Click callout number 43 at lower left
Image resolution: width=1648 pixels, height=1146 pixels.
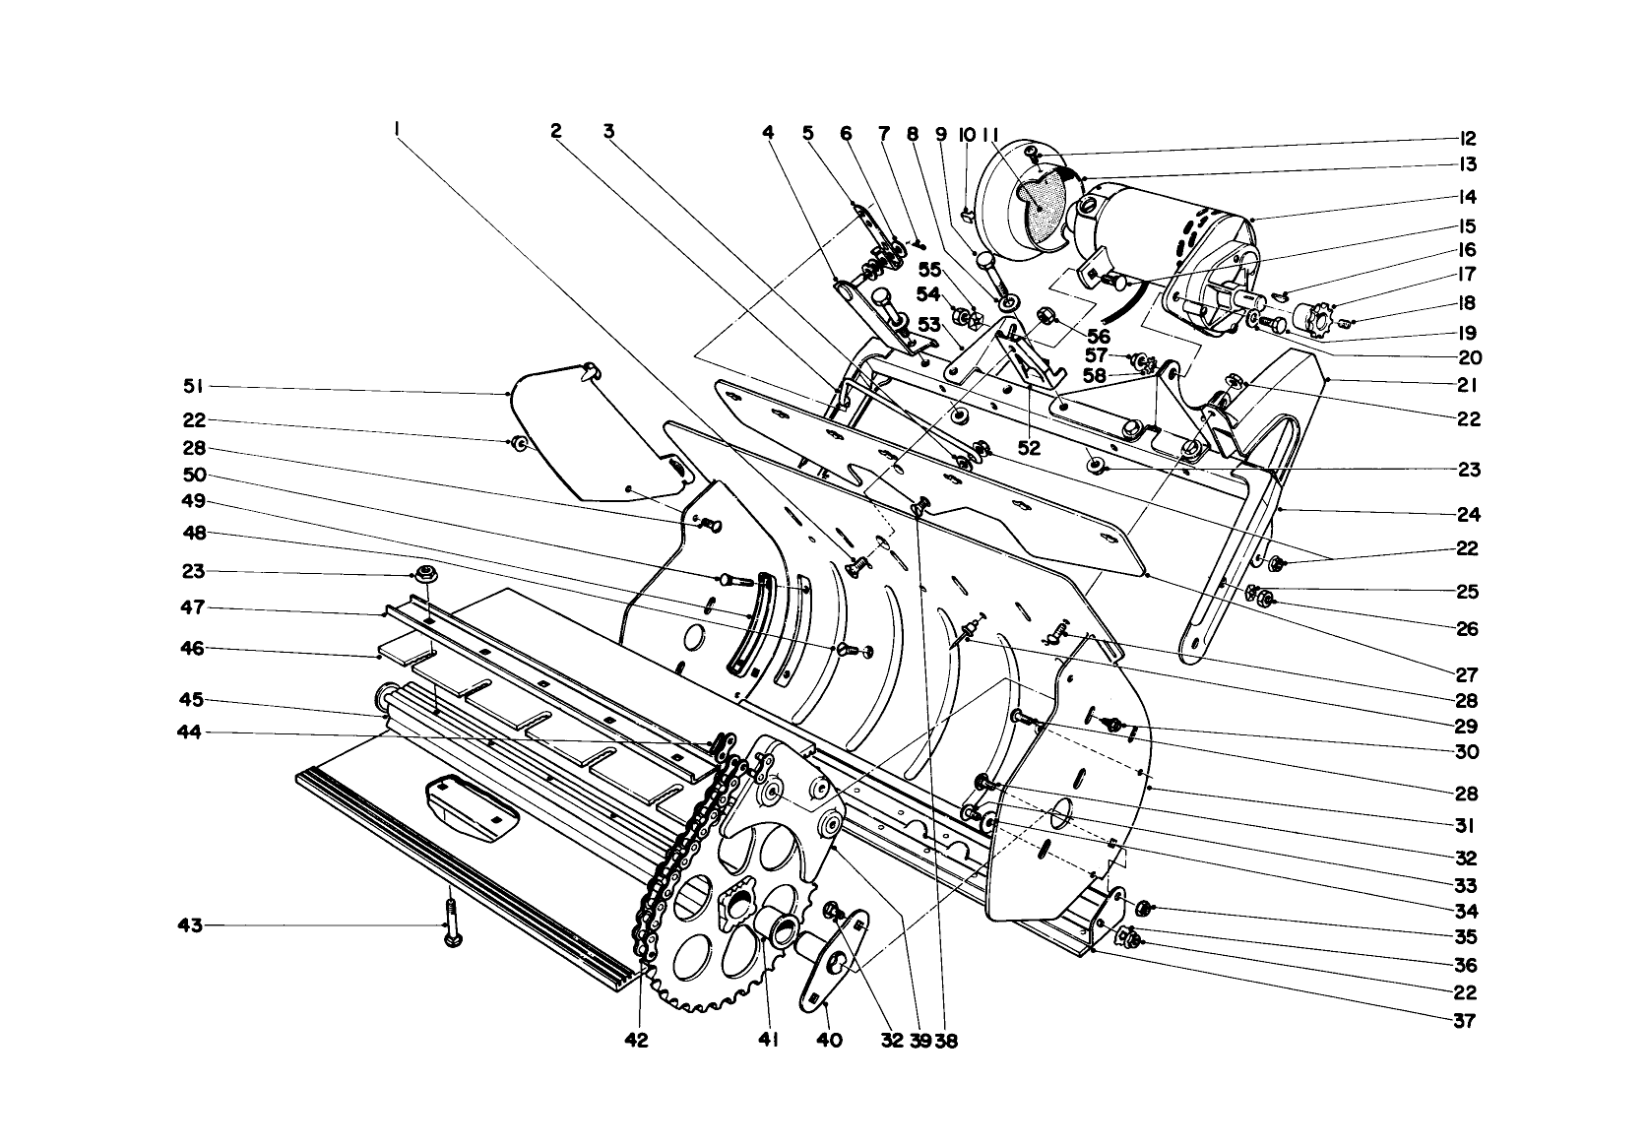tap(189, 925)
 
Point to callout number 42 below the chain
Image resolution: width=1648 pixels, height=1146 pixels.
tap(637, 1040)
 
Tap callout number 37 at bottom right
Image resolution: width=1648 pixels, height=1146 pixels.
tap(1465, 1021)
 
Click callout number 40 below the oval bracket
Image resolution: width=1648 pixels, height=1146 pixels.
tap(829, 1040)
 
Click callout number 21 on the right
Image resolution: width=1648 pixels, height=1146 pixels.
tap(1469, 385)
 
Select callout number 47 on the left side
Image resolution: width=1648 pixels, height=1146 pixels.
tap(193, 608)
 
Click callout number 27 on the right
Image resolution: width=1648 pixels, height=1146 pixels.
tap(1468, 675)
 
